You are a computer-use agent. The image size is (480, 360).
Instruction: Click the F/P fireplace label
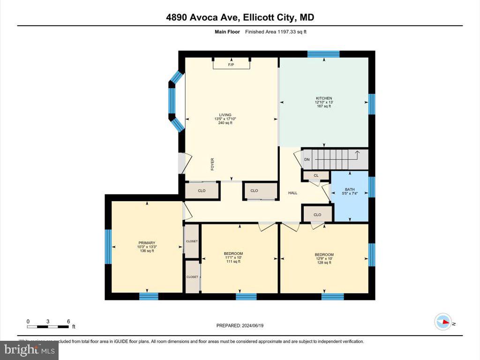pos(231,65)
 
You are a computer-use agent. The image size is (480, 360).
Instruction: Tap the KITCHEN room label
pos(323,98)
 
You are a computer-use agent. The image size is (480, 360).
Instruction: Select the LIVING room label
pos(225,115)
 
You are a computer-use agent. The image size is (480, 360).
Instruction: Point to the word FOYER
pos(212,164)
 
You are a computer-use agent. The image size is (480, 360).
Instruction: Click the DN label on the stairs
pos(307,159)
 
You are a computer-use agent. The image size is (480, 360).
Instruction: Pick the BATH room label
pos(350,189)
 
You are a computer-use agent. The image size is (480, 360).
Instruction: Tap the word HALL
pos(293,193)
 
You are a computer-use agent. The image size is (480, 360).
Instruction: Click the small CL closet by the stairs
pos(316,176)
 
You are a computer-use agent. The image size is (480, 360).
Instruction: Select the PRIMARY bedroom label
pos(147,243)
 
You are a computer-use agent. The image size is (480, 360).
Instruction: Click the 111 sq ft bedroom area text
pos(233,262)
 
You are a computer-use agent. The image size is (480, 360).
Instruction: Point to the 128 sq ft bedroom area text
pos(324,262)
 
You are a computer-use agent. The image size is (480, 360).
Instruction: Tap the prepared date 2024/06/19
pos(243,325)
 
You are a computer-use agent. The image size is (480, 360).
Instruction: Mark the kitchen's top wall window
pos(323,53)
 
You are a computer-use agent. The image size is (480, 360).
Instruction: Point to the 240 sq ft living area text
pos(225,123)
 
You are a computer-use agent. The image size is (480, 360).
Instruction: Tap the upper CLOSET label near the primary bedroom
pos(192,241)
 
